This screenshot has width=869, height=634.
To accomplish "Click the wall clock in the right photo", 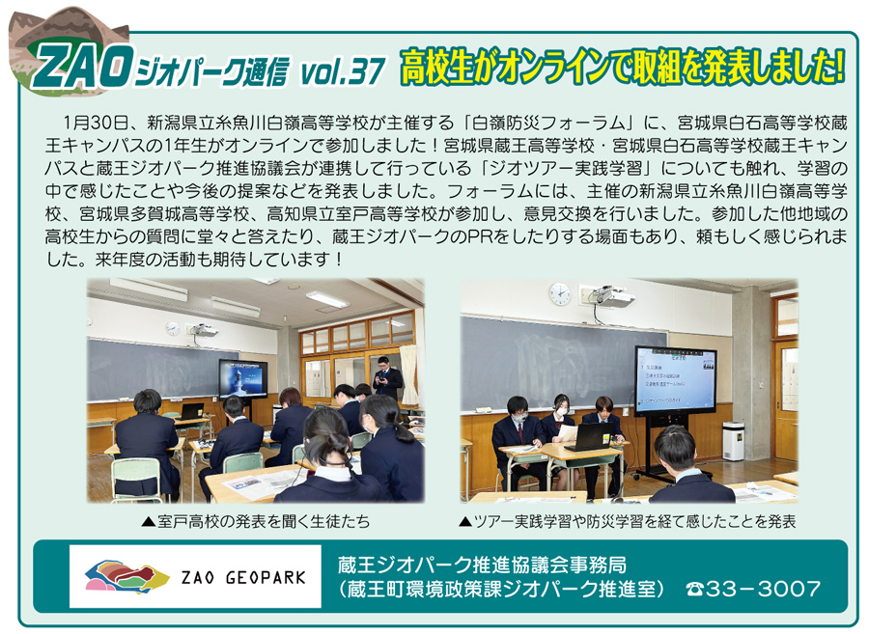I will pos(560,293).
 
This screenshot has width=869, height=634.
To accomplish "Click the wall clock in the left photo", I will pos(173,328).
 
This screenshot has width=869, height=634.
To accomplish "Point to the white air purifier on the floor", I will pos(733,441).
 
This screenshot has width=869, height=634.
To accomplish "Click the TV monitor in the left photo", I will pos(242,379).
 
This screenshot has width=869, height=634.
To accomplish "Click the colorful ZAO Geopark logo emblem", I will pos(126,577).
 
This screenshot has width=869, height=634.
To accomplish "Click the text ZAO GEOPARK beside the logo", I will pos(243,578).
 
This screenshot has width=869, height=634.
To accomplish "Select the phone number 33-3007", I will pos(763,589).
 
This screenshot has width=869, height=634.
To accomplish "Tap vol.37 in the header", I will pos(342,70).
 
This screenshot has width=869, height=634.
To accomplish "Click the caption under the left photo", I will pos(255,522).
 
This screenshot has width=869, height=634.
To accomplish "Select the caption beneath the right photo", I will pos(629,522).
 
